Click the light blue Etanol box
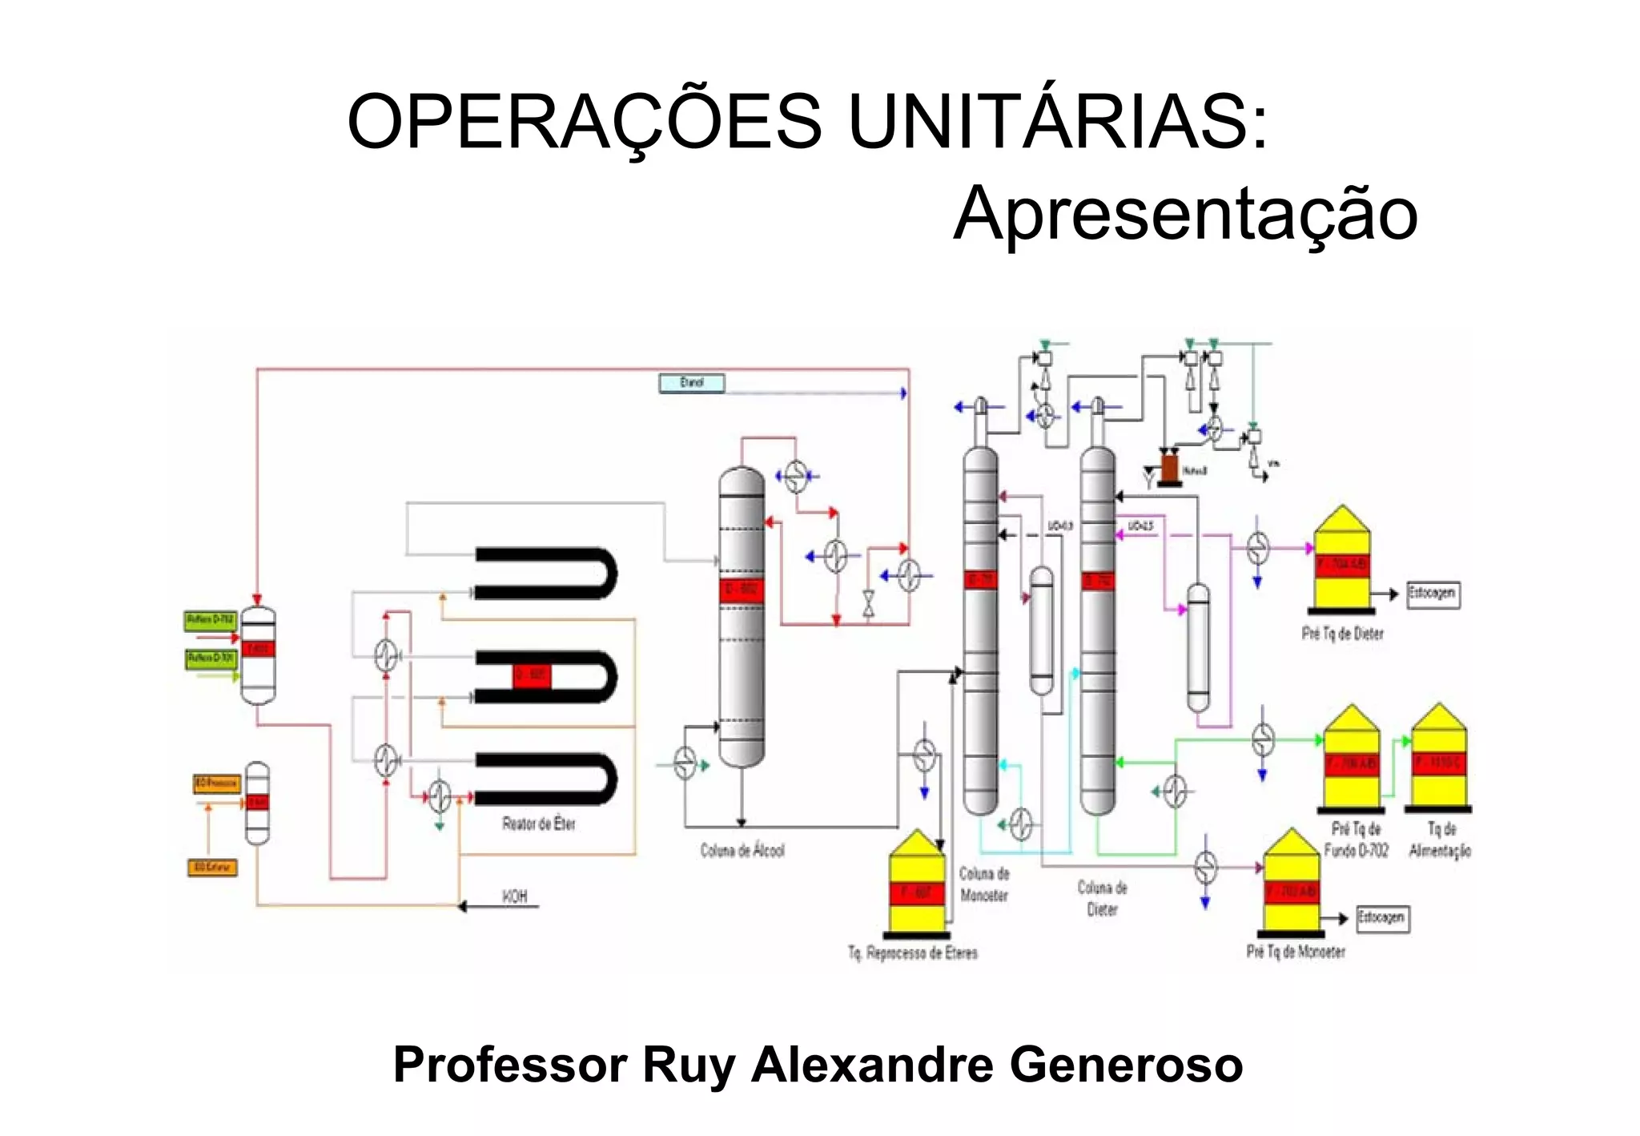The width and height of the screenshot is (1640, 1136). tap(692, 383)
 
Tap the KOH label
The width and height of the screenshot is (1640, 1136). tap(515, 896)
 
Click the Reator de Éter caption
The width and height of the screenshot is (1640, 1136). tap(538, 824)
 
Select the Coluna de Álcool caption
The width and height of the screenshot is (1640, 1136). tap(742, 850)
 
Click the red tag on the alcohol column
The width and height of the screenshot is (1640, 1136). tap(742, 590)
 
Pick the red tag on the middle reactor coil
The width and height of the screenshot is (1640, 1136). tap(531, 675)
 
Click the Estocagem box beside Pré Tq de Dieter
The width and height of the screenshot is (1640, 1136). tap(1433, 594)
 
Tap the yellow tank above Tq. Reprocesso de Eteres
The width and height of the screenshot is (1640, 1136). tap(916, 884)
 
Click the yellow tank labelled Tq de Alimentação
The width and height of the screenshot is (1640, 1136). tap(1439, 759)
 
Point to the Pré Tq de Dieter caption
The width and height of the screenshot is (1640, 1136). tap(1342, 634)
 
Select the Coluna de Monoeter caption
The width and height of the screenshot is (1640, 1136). tap(984, 884)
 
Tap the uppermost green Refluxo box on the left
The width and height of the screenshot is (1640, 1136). tap(211, 620)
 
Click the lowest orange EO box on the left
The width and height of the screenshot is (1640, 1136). tap(212, 868)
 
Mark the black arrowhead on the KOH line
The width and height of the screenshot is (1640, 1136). tap(463, 907)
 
